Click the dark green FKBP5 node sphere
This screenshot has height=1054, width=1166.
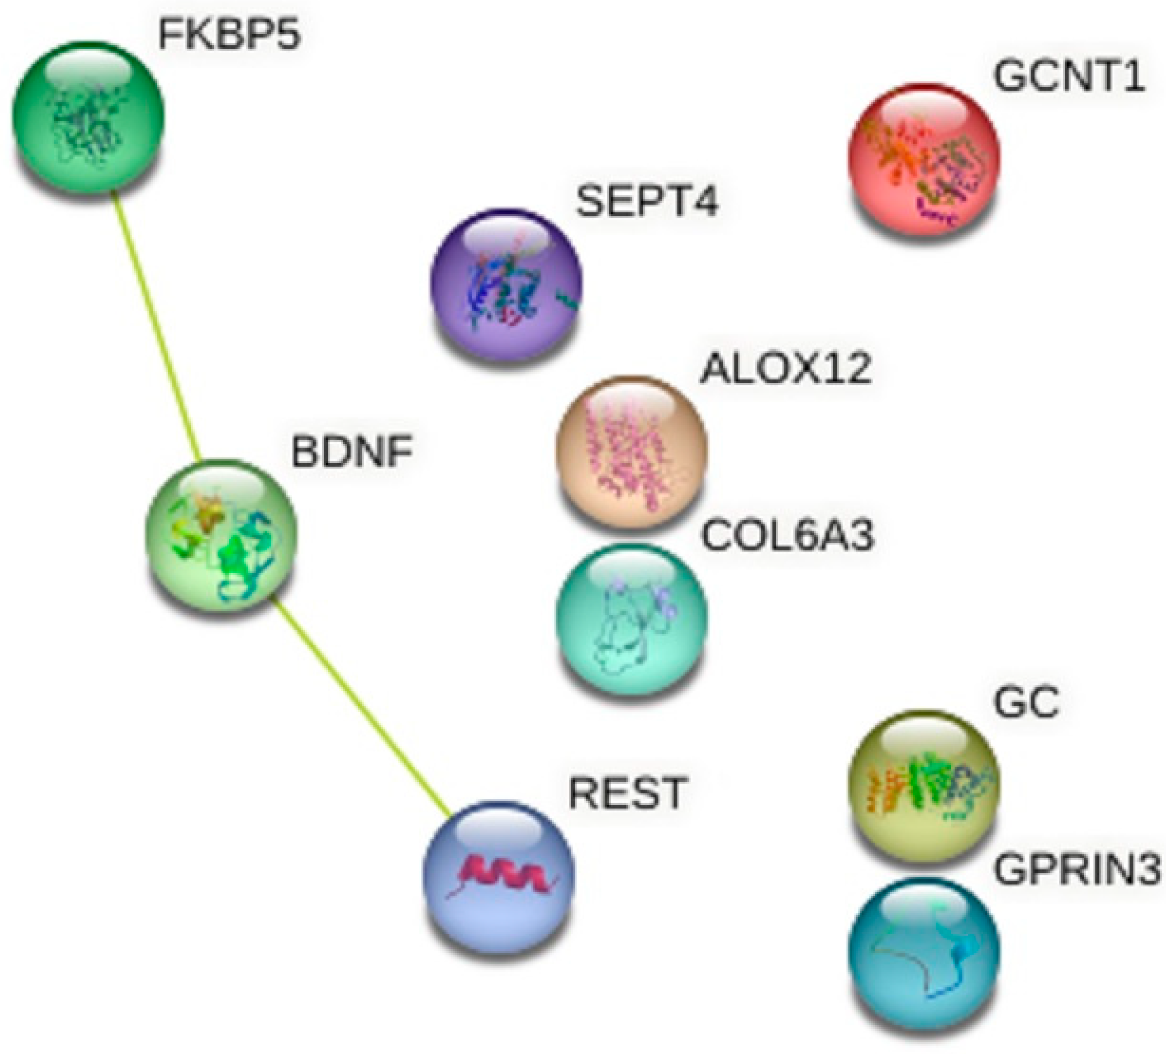click(x=88, y=116)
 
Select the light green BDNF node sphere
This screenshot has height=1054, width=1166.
click(x=222, y=535)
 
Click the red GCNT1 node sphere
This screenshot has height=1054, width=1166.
click(x=924, y=159)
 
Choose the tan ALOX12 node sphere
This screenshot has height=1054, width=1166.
click(x=632, y=450)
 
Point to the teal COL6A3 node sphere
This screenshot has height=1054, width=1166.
click(x=632, y=619)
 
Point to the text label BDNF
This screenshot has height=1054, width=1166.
click(x=352, y=452)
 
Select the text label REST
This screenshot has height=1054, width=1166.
click(x=628, y=793)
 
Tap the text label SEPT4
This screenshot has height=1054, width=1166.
click(x=647, y=202)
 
